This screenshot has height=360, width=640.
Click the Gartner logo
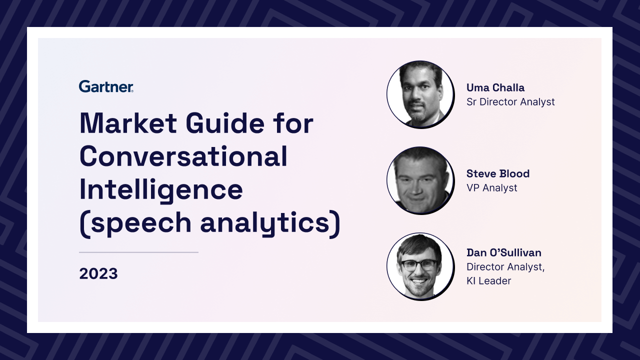click(106, 86)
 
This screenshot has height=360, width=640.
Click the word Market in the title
click(128, 123)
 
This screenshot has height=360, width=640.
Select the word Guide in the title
click(225, 123)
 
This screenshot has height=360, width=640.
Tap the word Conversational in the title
click(183, 156)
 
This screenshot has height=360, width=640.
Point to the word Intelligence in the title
click(161, 190)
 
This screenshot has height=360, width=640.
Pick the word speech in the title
click(141, 223)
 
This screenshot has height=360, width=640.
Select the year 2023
click(98, 273)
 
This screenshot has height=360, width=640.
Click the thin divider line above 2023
click(138, 252)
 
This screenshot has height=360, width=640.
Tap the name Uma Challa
click(495, 87)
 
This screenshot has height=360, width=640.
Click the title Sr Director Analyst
click(510, 102)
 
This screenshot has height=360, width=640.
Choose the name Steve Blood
click(498, 173)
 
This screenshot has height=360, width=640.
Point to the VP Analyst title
click(491, 188)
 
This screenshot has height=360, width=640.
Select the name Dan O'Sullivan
click(504, 252)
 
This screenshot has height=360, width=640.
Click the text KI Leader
click(489, 281)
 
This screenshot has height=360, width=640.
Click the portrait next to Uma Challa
click(420, 94)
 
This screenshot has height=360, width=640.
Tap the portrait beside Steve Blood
click(420, 180)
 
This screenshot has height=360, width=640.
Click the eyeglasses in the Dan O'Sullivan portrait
click(419, 265)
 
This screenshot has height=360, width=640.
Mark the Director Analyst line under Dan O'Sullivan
click(505, 267)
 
